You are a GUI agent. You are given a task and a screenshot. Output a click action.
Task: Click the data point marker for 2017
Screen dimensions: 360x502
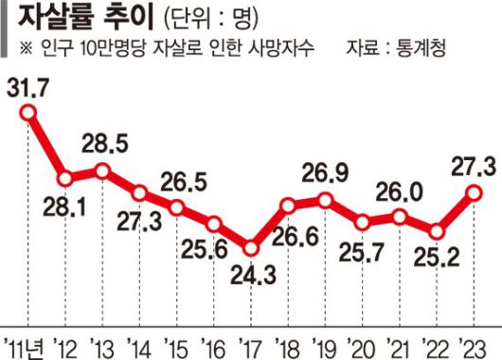pyautogui.click(x=251, y=248)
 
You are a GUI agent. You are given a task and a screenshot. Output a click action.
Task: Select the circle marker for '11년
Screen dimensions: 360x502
pyautogui.click(x=28, y=114)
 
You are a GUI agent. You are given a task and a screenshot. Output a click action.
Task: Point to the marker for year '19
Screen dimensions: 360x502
pyautogui.click(x=326, y=200)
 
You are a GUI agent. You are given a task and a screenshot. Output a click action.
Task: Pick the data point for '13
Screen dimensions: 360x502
pyautogui.click(x=103, y=171)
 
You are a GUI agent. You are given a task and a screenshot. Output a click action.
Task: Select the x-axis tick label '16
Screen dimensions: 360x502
pyautogui.click(x=214, y=343)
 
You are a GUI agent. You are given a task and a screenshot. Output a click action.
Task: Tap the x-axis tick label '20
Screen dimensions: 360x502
pyautogui.click(x=362, y=343)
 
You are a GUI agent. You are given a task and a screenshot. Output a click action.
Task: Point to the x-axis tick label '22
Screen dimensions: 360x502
pyautogui.click(x=437, y=343)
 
